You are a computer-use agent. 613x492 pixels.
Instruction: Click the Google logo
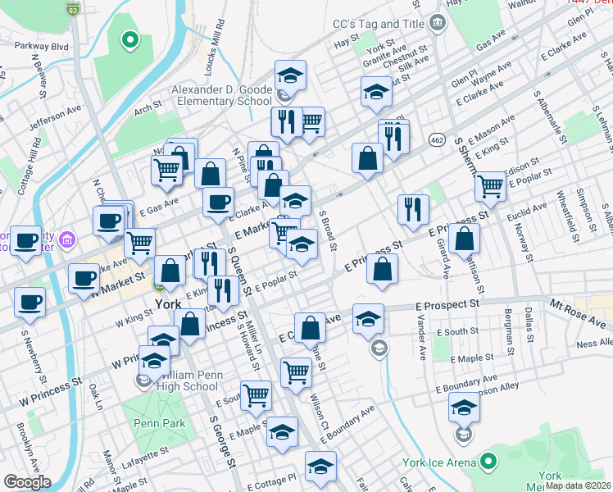pyautogui.click(x=27, y=482)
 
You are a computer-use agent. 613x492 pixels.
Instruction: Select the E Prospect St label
pyautogui.click(x=447, y=305)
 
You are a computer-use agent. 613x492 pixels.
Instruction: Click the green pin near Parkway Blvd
pyautogui.click(x=129, y=39)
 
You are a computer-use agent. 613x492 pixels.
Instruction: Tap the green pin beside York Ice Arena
pyautogui.click(x=488, y=462)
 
